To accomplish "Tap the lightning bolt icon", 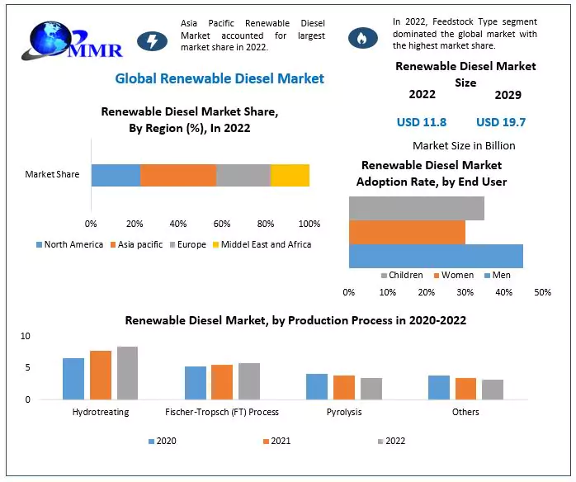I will coord(151,40).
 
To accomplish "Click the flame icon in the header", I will coord(362,37).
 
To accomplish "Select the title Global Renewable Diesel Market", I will coord(220,78).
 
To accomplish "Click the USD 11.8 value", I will coord(421,122).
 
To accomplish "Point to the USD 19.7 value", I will coord(501,122).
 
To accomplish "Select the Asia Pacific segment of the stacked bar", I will coord(177,175).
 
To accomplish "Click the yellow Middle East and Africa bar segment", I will coord(290,175).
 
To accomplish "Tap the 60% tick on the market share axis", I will coord(221,224).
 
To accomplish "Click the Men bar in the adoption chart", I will coord(436,257).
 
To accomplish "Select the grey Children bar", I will coord(416,208).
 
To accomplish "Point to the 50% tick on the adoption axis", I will coord(542,292).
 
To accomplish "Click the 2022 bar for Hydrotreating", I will coord(127,372).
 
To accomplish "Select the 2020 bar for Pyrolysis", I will coord(317,386).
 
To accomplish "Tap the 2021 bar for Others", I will coord(465,389).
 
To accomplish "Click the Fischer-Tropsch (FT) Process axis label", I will coord(222,412).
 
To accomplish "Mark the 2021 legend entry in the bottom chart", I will coord(276,442).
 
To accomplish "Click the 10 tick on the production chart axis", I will coord(26,336).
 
